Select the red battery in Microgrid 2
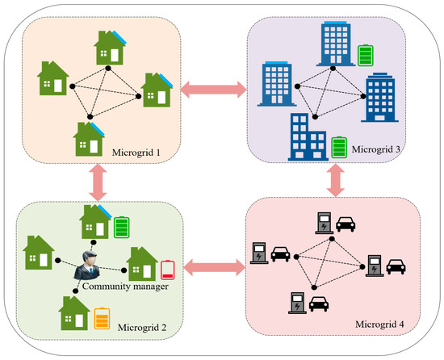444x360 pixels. [x=168, y=270]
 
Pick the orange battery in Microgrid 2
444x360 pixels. [x=103, y=317]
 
